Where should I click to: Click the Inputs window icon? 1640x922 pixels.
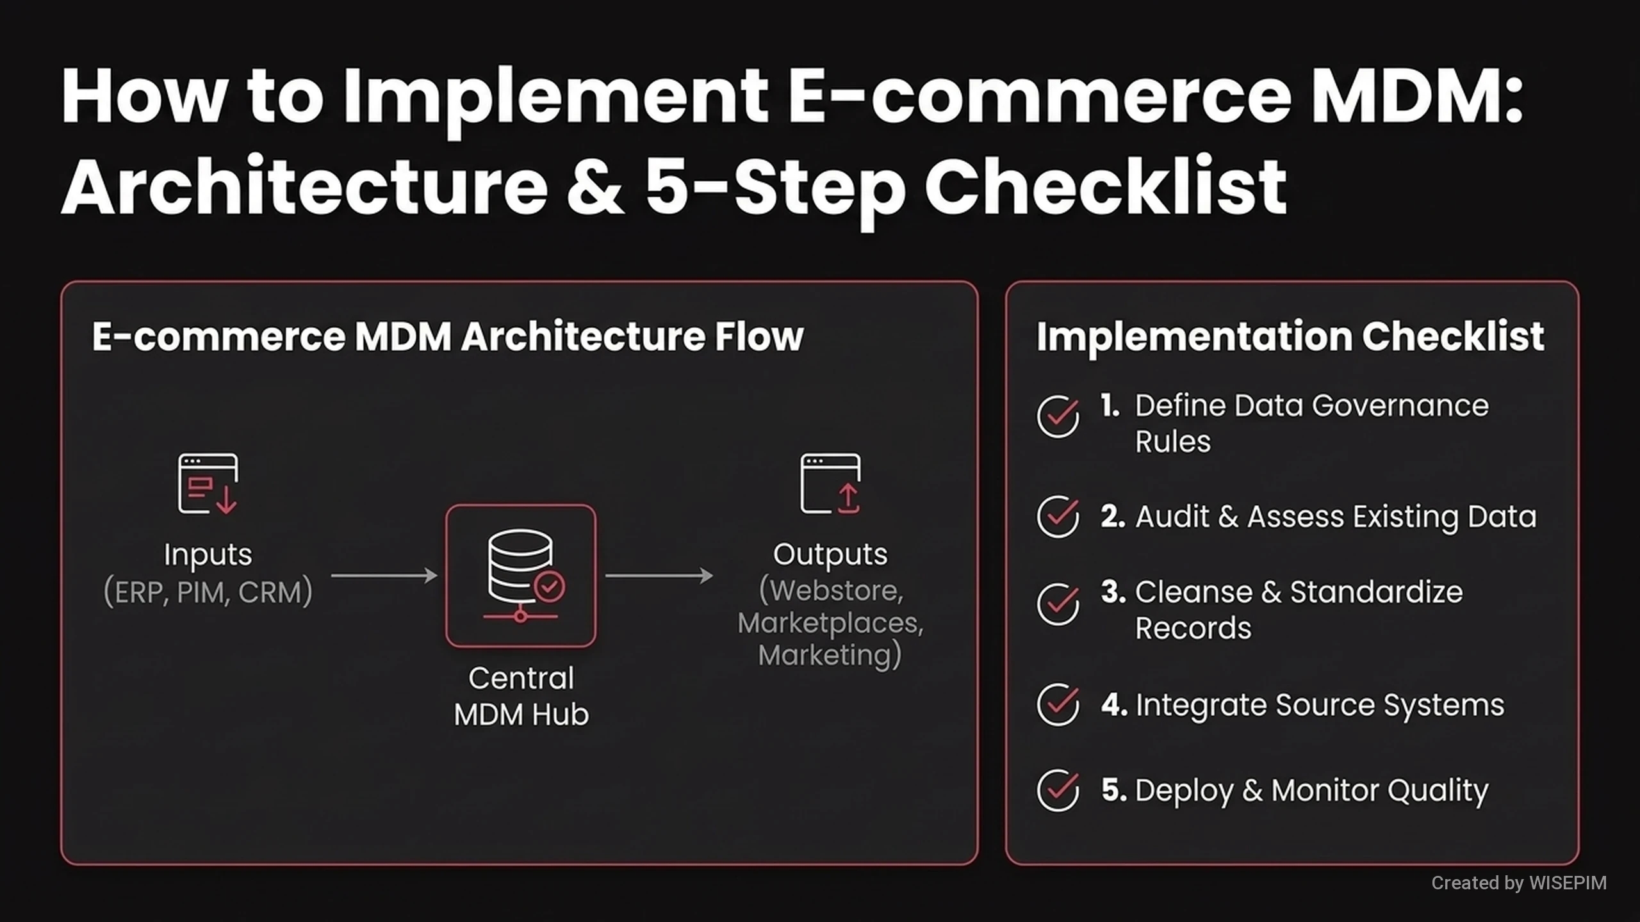(x=208, y=484)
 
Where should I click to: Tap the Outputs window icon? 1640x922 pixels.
(x=830, y=484)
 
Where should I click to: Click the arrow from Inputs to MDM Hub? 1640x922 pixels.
(x=384, y=576)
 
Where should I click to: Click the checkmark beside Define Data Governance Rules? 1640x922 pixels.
(x=1058, y=416)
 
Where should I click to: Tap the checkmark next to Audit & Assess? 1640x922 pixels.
(x=1058, y=516)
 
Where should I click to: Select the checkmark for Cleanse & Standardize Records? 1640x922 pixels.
(x=1058, y=604)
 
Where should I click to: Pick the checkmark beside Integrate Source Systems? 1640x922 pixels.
(x=1058, y=704)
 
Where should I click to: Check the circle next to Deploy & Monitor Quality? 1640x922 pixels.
(x=1058, y=790)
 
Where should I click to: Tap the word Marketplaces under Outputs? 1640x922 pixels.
(x=830, y=623)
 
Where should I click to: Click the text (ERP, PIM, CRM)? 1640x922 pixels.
(x=208, y=592)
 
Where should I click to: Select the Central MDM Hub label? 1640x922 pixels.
(x=521, y=696)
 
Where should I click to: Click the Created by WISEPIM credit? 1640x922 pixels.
(x=1519, y=883)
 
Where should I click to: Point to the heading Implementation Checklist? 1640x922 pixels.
(x=1290, y=337)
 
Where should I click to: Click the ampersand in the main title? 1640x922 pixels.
(x=595, y=186)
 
